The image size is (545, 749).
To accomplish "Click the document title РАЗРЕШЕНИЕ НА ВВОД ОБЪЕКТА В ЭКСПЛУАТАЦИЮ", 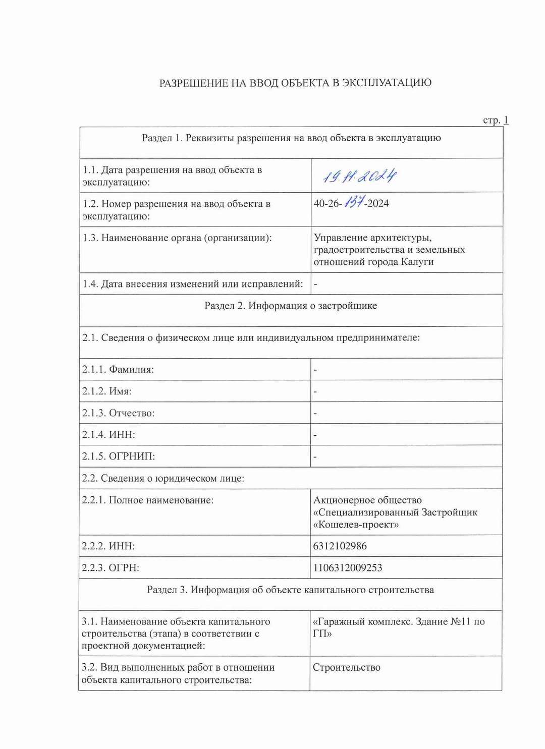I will click(295, 83).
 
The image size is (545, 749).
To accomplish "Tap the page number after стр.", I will click(506, 120).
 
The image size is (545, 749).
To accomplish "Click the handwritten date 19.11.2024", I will click(359, 176).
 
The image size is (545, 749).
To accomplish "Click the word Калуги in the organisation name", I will click(417, 262).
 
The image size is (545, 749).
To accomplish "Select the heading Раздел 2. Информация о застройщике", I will click(291, 306).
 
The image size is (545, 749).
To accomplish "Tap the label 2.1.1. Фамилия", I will click(118, 369).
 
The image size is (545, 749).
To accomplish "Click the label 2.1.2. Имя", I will click(107, 391).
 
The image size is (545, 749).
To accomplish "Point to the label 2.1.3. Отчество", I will click(119, 413).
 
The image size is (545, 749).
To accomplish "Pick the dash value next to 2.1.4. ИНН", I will click(315, 435).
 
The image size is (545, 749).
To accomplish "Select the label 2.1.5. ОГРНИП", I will click(119, 456).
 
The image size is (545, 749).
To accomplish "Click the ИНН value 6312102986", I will click(340, 546).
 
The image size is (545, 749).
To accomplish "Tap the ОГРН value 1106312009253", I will click(348, 567).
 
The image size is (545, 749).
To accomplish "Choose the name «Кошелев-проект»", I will click(356, 525).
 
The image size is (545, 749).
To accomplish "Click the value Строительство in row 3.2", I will click(347, 667).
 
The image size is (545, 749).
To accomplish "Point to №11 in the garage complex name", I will click(458, 621).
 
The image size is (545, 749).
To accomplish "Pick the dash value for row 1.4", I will click(315, 284).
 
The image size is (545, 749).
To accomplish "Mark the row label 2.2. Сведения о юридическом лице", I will click(163, 478).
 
